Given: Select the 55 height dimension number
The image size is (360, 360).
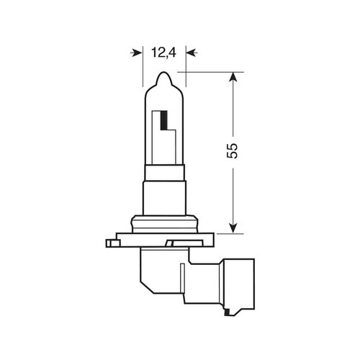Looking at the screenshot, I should pos(231,152).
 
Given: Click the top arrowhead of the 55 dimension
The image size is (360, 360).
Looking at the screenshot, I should pos(231,78).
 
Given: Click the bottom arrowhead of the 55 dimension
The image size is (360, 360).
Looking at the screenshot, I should pos(231,228).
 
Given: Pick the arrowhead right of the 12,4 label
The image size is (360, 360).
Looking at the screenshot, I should pos(189,52).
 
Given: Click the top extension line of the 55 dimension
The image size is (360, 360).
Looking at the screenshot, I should pos(209,72).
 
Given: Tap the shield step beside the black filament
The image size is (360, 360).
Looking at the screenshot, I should pos(173,133).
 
